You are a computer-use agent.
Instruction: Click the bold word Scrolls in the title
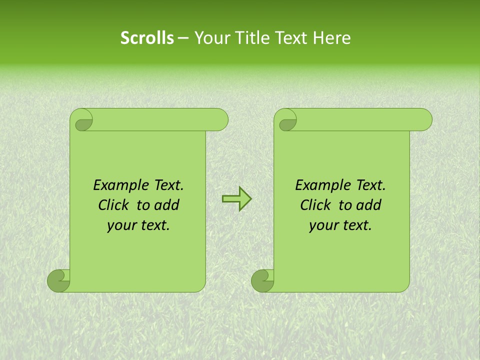pos(147,38)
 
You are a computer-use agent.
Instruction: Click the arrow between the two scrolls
pos(236,198)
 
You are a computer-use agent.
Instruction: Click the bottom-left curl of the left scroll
pos(58,280)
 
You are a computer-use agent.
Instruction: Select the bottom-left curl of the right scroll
pos(262,280)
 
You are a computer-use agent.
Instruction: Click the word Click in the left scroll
pos(113,205)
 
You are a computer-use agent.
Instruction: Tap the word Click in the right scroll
pos(315,205)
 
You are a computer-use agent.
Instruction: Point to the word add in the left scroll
pos(167,205)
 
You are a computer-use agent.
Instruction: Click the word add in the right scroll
pos(369,205)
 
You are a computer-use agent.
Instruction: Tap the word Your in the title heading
pos(210,38)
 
